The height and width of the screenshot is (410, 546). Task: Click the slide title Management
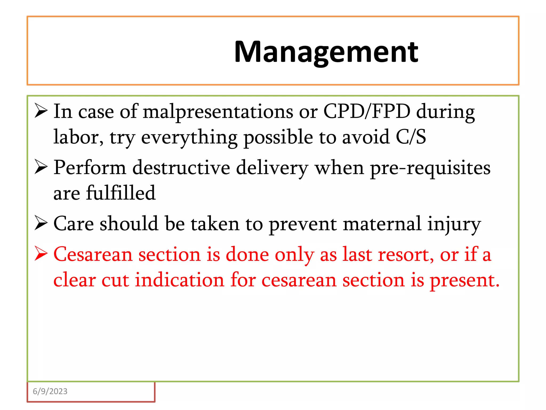(326, 52)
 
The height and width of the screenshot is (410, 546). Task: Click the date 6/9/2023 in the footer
(50, 391)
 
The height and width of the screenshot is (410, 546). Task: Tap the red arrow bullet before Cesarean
(41, 254)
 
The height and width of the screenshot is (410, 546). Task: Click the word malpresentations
(218, 112)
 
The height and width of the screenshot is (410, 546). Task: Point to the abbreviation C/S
(411, 137)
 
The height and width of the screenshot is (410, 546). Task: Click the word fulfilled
(121, 193)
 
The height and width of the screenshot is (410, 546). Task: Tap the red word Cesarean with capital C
(93, 254)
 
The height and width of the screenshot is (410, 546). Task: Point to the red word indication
(179, 280)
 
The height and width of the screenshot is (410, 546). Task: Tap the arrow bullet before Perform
(41, 167)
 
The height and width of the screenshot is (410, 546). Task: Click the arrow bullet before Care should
(41, 223)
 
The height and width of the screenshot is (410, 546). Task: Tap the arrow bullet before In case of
(41, 111)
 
